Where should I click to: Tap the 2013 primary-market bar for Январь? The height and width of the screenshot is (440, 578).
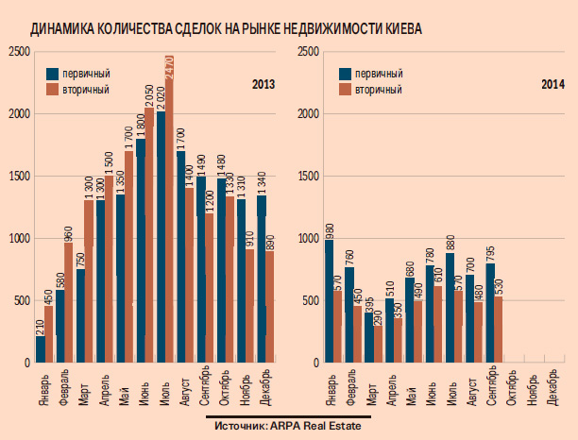pyautogui.click(x=41, y=349)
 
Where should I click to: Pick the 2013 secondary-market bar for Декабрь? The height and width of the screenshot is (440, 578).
pyautogui.click(x=271, y=307)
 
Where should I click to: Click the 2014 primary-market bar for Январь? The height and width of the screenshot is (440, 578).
pyautogui.click(x=329, y=302)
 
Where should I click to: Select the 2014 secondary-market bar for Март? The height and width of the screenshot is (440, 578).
pyautogui.click(x=379, y=345)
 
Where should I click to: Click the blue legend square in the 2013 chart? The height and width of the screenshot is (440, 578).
pyautogui.click(x=54, y=73)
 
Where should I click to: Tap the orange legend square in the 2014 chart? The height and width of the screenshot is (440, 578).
pyautogui.click(x=348, y=90)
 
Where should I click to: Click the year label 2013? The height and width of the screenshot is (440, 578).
pyautogui.click(x=263, y=85)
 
